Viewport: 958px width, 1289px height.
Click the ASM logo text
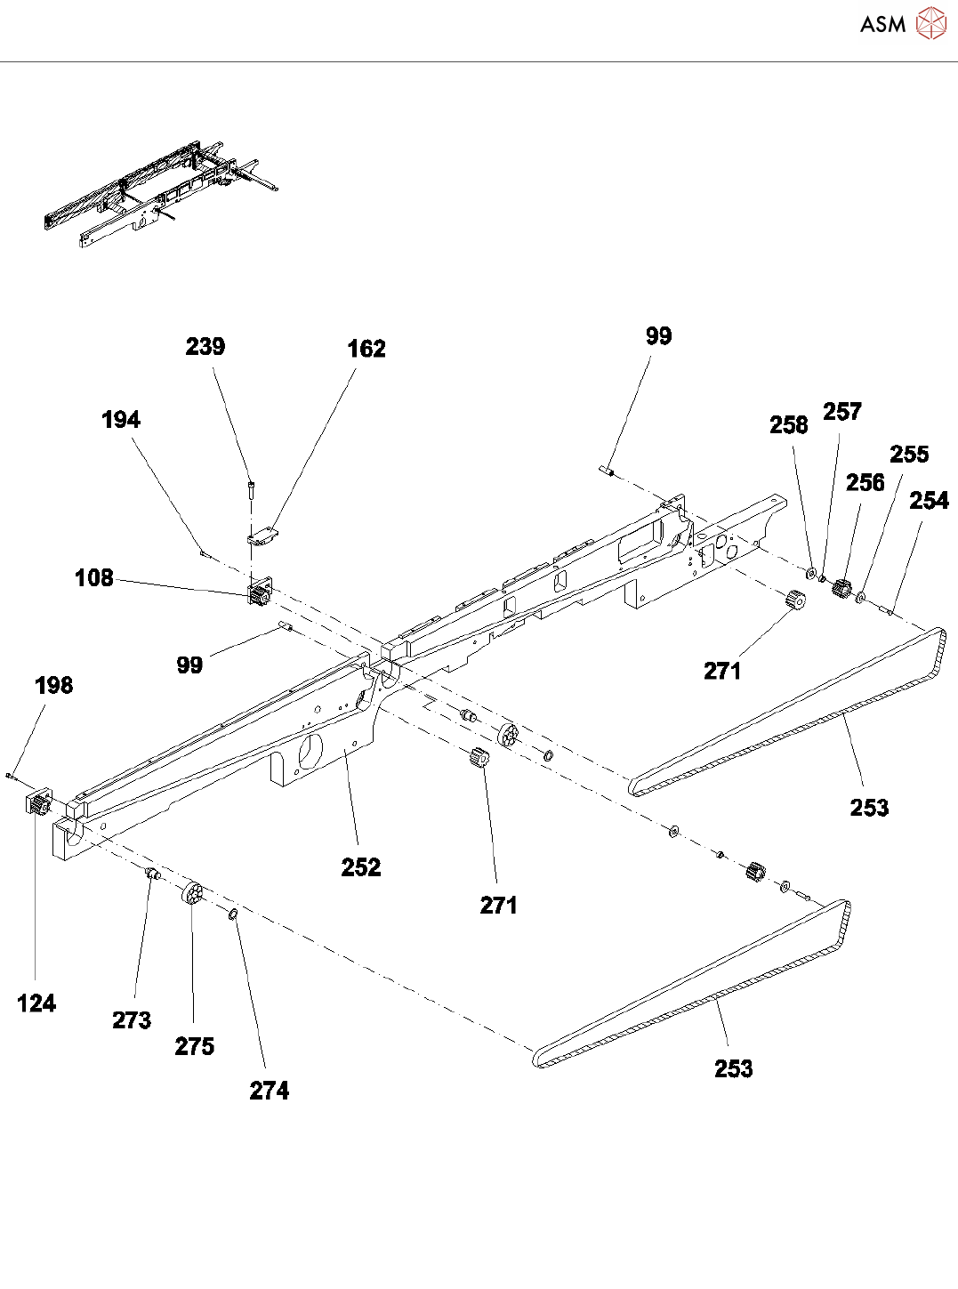coord(882,25)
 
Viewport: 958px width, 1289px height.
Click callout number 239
coord(205,347)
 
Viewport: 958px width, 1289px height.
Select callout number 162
coord(366,349)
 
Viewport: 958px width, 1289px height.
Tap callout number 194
coord(121,420)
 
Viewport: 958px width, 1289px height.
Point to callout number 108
coord(94,578)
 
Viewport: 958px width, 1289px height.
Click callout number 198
coord(54,686)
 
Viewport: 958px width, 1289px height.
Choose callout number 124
coord(36,1003)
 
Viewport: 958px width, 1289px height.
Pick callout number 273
coord(132,1020)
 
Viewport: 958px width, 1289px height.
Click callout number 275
coord(195,1046)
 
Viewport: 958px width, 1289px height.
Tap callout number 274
coord(270,1091)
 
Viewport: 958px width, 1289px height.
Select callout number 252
coord(361,867)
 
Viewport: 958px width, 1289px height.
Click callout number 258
coord(789,425)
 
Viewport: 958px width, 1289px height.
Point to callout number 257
coord(842,412)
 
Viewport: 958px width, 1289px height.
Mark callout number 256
coord(865,483)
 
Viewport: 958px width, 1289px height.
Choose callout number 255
coord(909,455)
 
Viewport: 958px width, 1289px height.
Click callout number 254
coord(929,501)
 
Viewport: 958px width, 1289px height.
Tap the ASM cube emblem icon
coord(931,24)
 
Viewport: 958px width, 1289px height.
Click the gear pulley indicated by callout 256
coord(841,588)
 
